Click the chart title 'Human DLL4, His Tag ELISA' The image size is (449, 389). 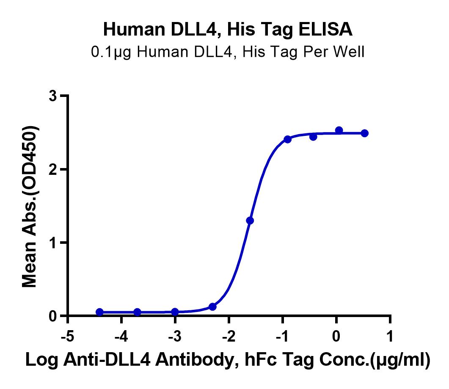click(228, 30)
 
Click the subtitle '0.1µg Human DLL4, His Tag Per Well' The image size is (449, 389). click(228, 52)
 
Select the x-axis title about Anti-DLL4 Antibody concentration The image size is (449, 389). click(228, 360)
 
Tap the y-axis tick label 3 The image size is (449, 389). click(53, 96)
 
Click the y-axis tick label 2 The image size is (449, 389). click(53, 170)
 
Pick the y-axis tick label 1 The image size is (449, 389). click(53, 243)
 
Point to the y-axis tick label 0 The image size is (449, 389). click(53, 316)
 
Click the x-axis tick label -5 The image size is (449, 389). click(68, 336)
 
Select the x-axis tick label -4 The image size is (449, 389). click(121, 336)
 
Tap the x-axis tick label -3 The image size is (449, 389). click(175, 336)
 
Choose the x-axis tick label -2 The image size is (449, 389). click(229, 336)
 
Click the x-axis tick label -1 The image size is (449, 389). click(282, 336)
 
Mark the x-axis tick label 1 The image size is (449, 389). click(390, 336)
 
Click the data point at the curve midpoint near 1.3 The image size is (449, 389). click(250, 221)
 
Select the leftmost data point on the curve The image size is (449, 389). click(99, 312)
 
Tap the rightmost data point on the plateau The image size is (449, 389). click(364, 133)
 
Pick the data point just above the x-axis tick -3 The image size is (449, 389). click(175, 312)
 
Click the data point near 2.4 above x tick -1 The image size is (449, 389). click(287, 140)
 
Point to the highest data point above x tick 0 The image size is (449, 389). click(339, 130)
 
